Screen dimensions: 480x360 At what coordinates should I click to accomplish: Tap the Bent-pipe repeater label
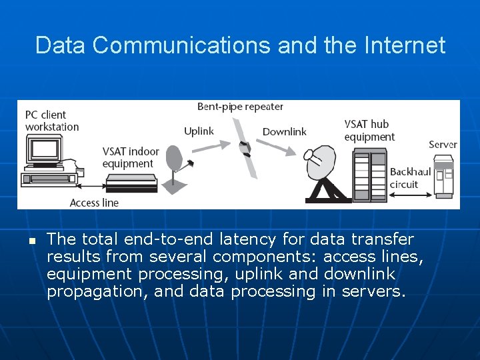pyautogui.click(x=240, y=107)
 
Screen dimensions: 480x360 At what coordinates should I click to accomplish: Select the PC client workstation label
pyautogui.click(x=52, y=121)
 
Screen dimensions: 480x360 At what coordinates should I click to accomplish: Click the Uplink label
pyautogui.click(x=199, y=131)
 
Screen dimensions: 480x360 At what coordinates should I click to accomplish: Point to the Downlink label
pyautogui.click(x=284, y=132)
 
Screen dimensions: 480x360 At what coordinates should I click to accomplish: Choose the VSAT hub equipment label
pyautogui.click(x=369, y=130)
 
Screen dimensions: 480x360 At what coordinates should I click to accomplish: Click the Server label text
pyautogui.click(x=443, y=145)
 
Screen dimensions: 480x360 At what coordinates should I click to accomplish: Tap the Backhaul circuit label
pyautogui.click(x=410, y=178)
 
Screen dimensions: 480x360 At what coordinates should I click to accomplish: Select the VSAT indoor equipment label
pyautogui.click(x=131, y=157)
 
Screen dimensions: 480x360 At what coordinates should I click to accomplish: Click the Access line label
pyautogui.click(x=94, y=203)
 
